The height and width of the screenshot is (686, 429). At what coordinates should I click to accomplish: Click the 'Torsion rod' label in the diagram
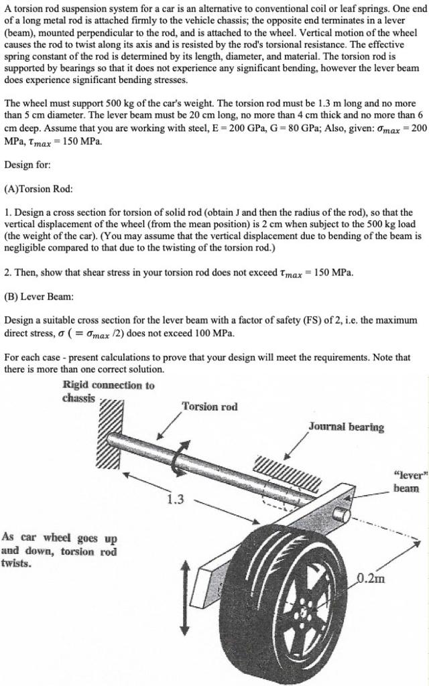click(209, 407)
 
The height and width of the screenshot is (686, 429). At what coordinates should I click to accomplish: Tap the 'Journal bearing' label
click(346, 427)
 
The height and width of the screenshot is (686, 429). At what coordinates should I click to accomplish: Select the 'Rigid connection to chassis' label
click(108, 391)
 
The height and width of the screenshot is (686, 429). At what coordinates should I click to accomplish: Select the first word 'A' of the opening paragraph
click(7, 8)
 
